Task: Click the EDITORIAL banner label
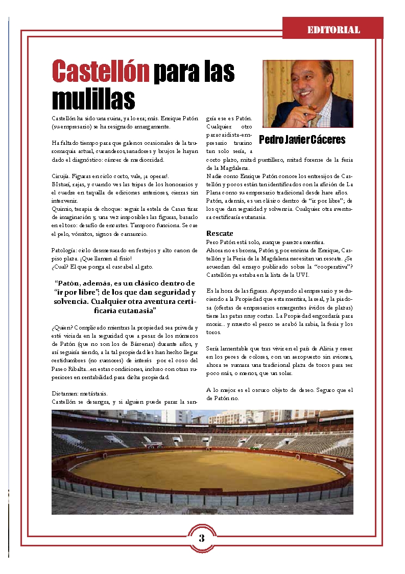click(x=333, y=30)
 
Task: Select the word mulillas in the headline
click(x=93, y=98)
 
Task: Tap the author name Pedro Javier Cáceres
click(x=302, y=140)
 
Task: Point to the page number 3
click(x=202, y=538)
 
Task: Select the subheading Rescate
click(x=220, y=233)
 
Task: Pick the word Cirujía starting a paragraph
click(x=61, y=175)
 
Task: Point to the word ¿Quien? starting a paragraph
click(x=61, y=326)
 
